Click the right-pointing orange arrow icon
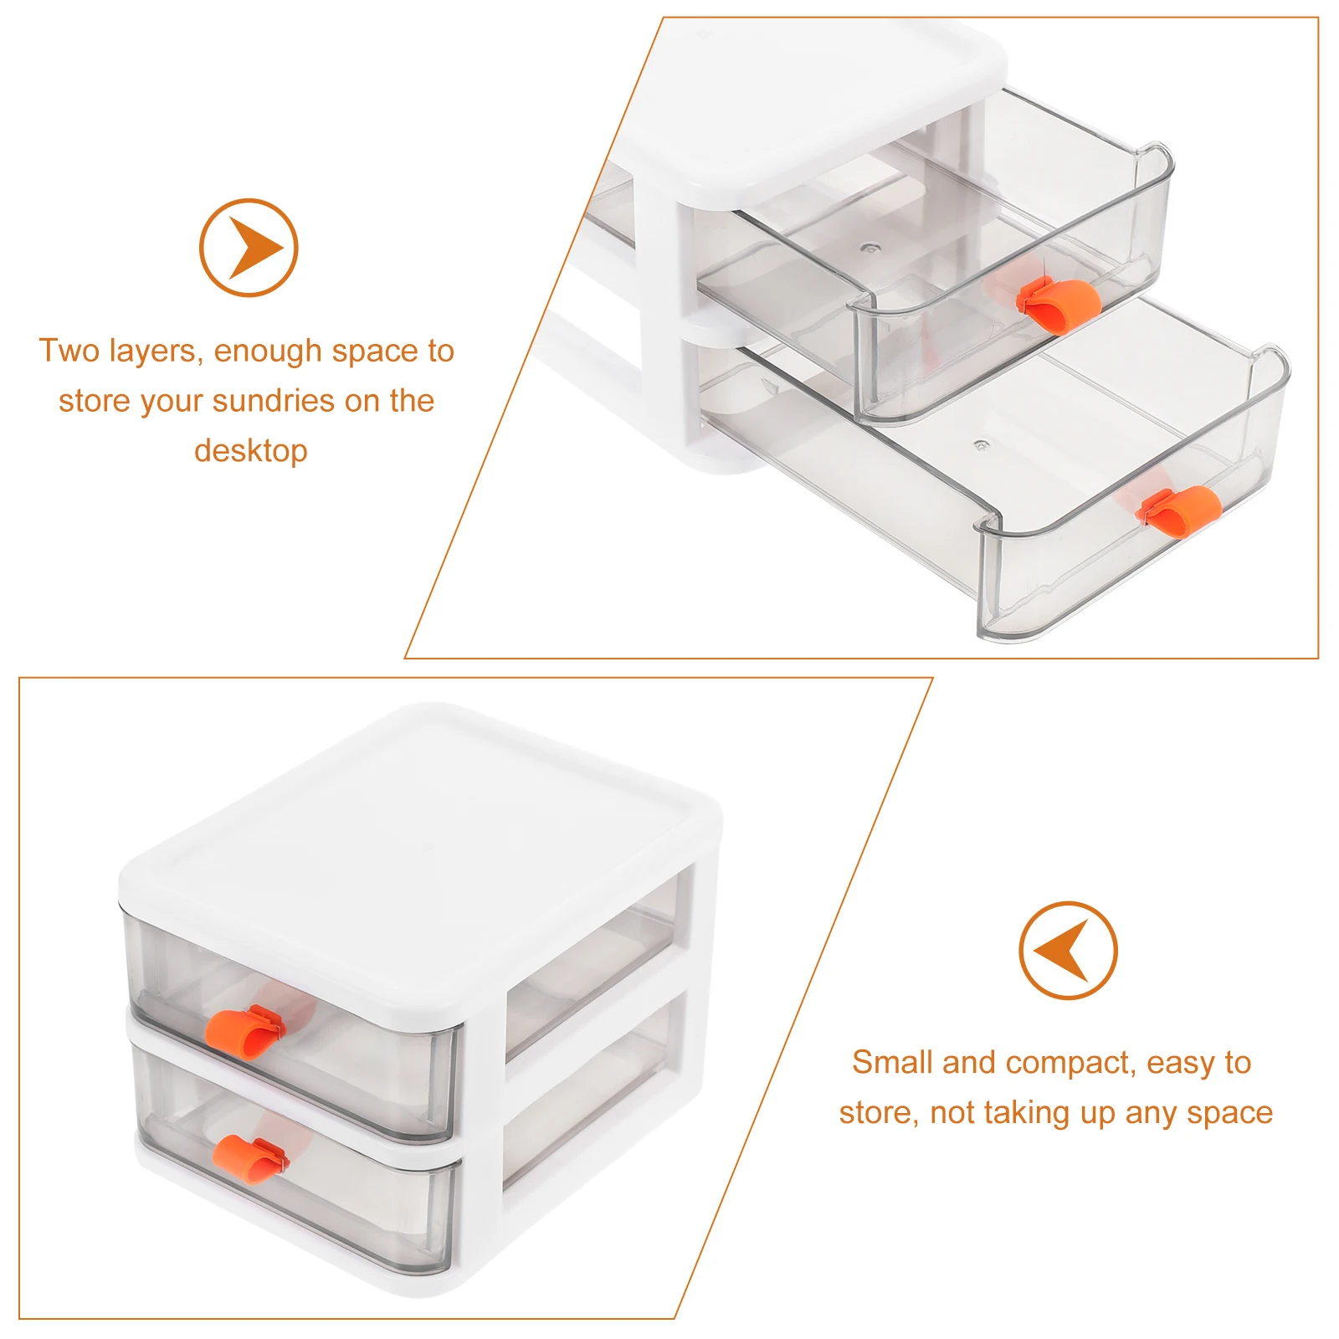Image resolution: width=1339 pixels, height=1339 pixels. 249,248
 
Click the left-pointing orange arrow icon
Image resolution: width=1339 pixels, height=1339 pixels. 1068,951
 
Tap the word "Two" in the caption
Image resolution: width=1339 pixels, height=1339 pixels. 69,351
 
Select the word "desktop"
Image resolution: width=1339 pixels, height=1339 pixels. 251,451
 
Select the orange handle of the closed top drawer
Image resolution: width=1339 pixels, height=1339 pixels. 245,1032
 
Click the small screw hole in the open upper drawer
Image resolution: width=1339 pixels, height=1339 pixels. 872,248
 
